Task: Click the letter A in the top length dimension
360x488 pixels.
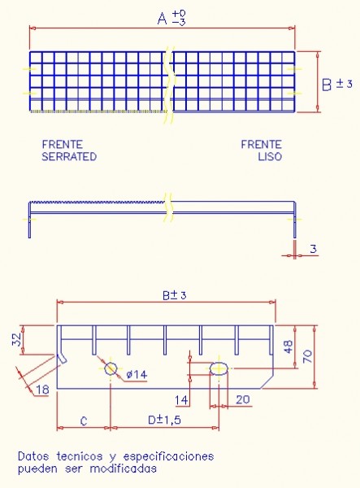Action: click(162, 19)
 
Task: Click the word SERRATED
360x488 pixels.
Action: click(69, 156)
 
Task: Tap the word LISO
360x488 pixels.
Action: click(270, 156)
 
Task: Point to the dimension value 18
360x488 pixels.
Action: click(42, 390)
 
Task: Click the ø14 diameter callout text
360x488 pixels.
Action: click(137, 374)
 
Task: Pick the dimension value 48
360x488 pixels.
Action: click(288, 346)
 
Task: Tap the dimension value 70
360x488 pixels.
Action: click(307, 357)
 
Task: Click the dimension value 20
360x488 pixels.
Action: click(242, 399)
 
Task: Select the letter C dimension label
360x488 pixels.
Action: click(84, 421)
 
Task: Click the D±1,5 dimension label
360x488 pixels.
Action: click(164, 420)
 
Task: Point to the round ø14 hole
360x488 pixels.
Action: click(111, 368)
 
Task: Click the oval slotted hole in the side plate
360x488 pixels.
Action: click(219, 368)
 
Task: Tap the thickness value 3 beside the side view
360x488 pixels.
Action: click(313, 249)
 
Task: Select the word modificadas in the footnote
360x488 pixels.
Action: click(123, 468)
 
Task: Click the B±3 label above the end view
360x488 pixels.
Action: click(175, 295)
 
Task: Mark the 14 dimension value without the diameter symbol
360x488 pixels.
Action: click(181, 400)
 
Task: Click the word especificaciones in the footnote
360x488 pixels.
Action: click(168, 457)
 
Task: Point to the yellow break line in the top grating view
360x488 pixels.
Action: click(169, 84)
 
